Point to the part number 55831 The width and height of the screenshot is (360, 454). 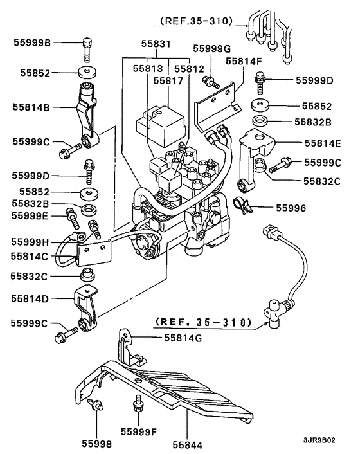pyautogui.click(x=156, y=44)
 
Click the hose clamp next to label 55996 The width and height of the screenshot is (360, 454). pyautogui.click(x=240, y=206)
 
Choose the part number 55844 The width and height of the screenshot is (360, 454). pyautogui.click(x=186, y=444)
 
